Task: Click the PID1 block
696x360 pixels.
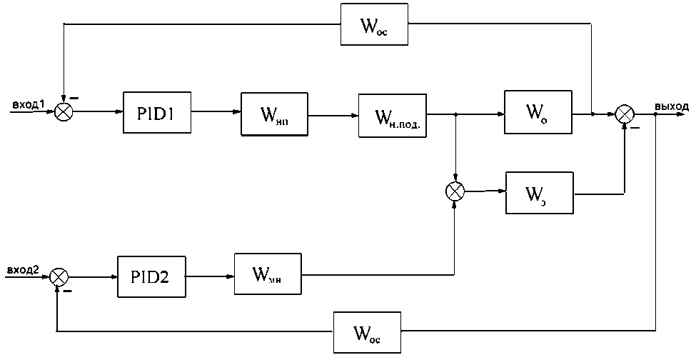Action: (x=157, y=112)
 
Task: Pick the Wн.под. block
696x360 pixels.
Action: (x=390, y=114)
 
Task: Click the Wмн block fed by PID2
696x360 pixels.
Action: (x=266, y=274)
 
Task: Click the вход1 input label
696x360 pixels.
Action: (x=29, y=106)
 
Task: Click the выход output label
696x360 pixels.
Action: (x=671, y=106)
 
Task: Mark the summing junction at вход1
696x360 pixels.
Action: (x=64, y=112)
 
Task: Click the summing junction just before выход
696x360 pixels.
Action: (x=625, y=113)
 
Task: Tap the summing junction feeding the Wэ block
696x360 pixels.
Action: (x=455, y=191)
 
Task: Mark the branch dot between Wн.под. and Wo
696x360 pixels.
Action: (x=455, y=113)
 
